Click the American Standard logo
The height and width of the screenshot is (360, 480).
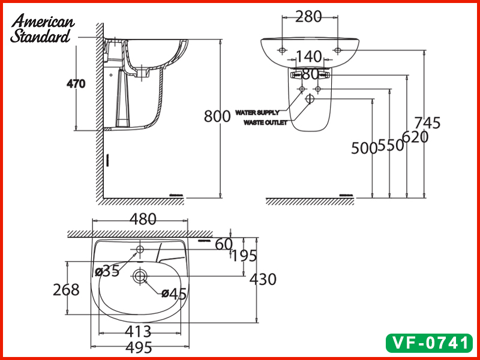click(43, 29)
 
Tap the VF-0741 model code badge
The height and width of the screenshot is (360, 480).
click(428, 343)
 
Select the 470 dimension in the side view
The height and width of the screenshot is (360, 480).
click(76, 84)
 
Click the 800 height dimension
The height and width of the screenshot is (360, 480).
click(217, 116)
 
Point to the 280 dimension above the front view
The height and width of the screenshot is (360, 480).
click(308, 16)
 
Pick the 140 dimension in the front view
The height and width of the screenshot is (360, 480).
click(309, 57)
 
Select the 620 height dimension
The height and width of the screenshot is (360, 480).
click(415, 137)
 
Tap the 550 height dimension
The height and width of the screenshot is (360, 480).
click(391, 146)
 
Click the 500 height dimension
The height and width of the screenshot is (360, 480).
click(364, 148)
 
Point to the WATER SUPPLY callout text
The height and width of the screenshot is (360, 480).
click(257, 112)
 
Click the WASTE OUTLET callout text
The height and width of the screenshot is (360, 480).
click(265, 122)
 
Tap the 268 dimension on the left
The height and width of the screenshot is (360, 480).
click(66, 290)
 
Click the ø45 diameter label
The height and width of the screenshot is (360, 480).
click(173, 293)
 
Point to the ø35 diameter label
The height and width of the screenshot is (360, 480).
click(107, 271)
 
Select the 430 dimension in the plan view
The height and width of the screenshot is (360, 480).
click(263, 279)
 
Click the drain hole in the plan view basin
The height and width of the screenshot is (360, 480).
click(140, 276)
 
